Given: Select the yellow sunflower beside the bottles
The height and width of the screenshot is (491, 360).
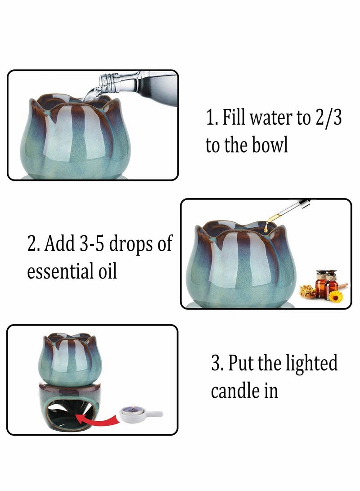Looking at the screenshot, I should pos(335,296).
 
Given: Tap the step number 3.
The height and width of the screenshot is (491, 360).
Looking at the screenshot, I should pos(216,363).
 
